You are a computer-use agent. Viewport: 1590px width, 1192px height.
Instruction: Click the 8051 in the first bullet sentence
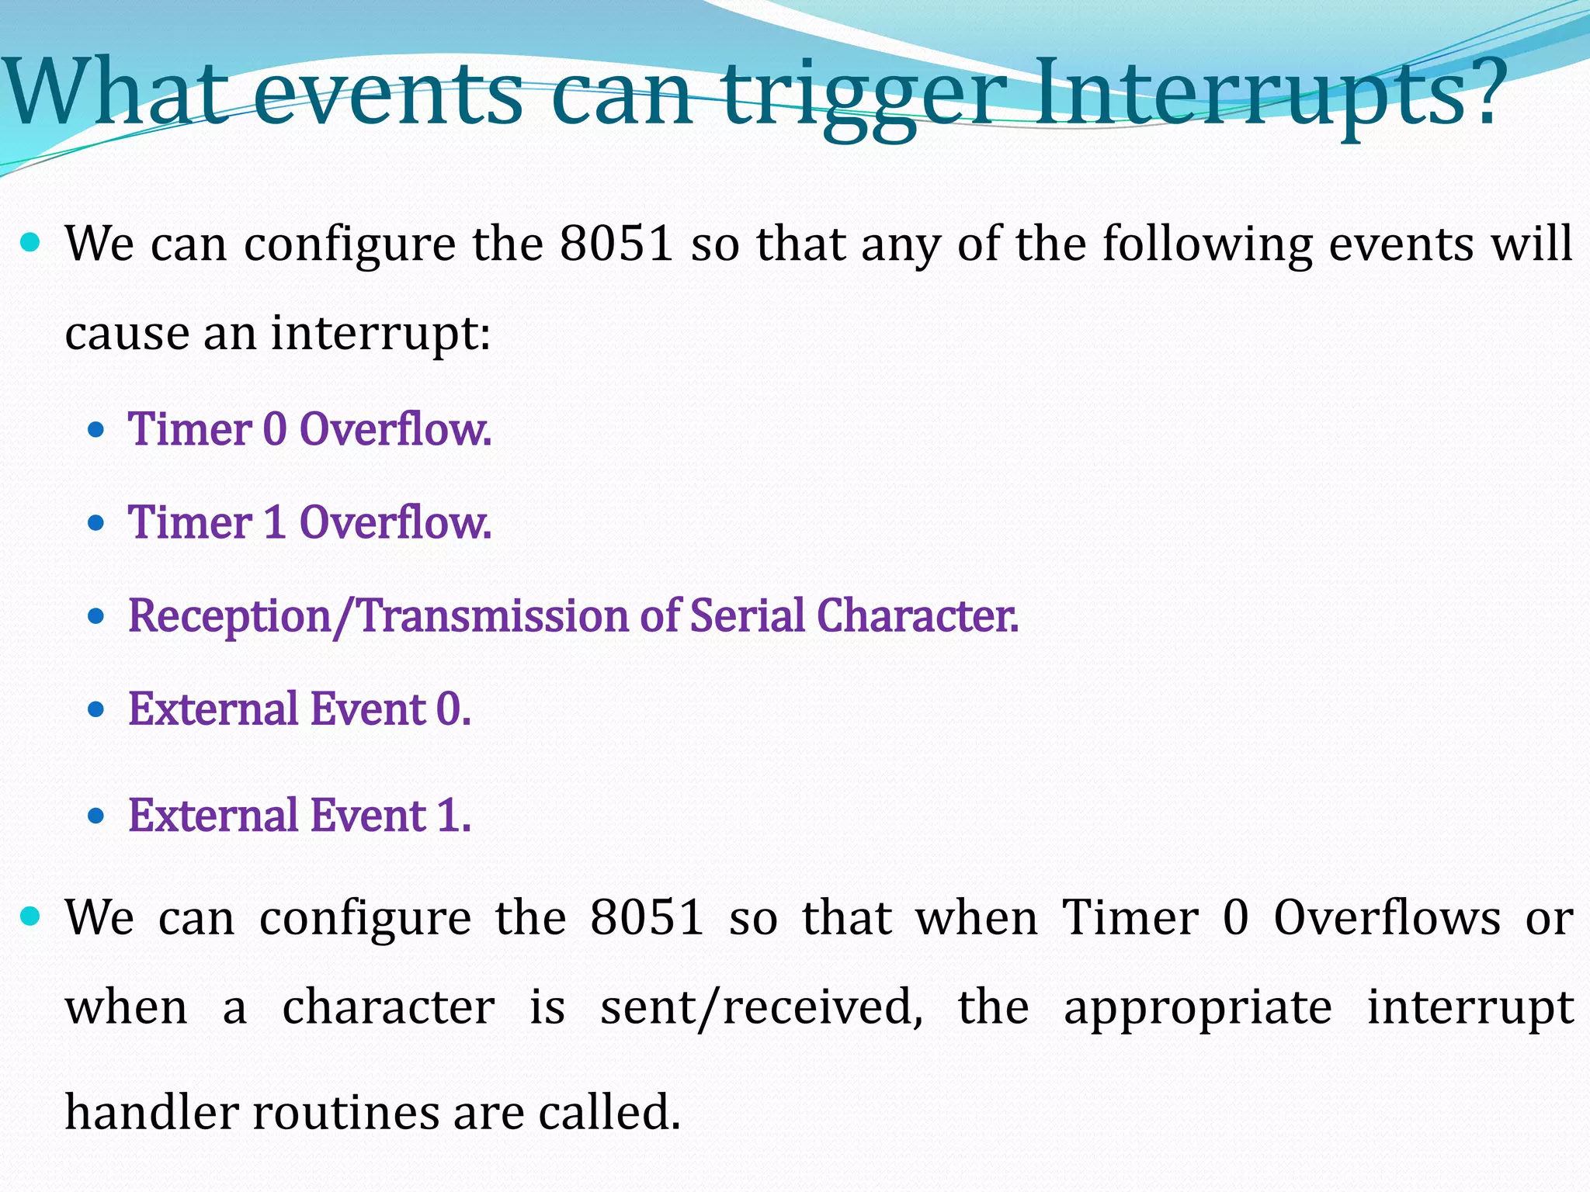[616, 244]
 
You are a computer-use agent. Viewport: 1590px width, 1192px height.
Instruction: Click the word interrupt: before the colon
[380, 334]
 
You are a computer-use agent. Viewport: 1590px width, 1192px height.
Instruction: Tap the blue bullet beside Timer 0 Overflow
[96, 430]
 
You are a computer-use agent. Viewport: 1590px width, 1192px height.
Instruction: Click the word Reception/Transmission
[376, 617]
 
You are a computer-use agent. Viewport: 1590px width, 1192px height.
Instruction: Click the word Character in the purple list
[916, 616]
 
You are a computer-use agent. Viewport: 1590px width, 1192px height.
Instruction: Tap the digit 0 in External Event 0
[449, 709]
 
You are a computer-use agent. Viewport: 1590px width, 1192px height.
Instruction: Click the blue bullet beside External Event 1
[96, 816]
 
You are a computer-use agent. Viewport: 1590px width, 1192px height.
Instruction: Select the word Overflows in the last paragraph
[1387, 918]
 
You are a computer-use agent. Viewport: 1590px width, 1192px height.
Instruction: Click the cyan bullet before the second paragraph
[30, 917]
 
